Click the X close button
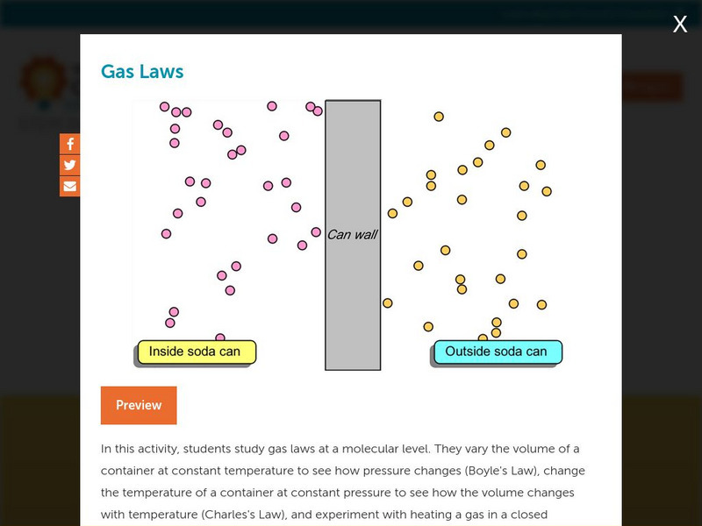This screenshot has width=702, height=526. [x=680, y=25]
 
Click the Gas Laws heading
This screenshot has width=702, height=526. [x=142, y=71]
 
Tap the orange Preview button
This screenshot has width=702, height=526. [x=139, y=405]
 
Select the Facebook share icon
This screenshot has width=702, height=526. [x=70, y=145]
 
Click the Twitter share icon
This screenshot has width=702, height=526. [x=70, y=165]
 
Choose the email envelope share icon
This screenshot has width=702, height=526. [x=70, y=186]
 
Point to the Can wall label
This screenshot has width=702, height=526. [x=352, y=234]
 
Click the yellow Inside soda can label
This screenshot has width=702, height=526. [x=196, y=352]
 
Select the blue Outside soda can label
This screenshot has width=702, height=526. [x=497, y=352]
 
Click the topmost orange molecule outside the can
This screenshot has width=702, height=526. [x=439, y=117]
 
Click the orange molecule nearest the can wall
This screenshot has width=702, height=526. [x=387, y=303]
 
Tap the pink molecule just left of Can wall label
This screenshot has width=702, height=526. [x=316, y=232]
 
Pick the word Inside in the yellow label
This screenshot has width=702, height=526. [x=166, y=352]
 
